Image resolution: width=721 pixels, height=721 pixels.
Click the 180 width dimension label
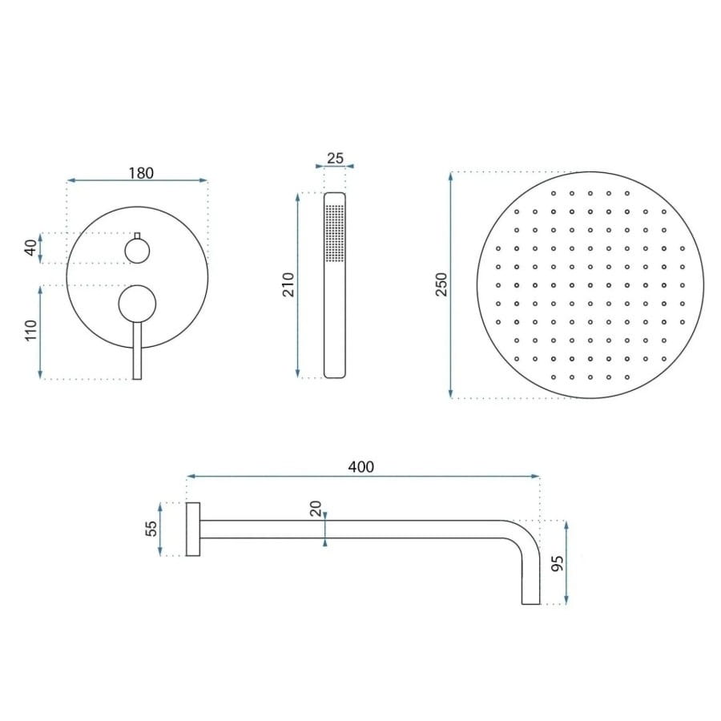pyautogui.click(x=141, y=173)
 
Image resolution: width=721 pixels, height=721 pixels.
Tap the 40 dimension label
pyautogui.click(x=30, y=248)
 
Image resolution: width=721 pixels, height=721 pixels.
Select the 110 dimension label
pyautogui.click(x=30, y=331)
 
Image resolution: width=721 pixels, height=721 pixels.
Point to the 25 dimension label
pyautogui.click(x=335, y=158)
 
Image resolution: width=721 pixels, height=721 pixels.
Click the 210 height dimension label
pyautogui.click(x=288, y=284)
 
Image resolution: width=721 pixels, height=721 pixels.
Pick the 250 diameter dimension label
pyautogui.click(x=441, y=284)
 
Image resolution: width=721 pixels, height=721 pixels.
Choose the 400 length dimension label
pyautogui.click(x=361, y=467)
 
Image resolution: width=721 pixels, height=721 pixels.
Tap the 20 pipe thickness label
pyautogui.click(x=316, y=509)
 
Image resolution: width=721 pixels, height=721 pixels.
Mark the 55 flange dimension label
pyautogui.click(x=151, y=529)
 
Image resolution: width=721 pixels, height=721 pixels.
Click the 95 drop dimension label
pyautogui.click(x=558, y=564)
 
